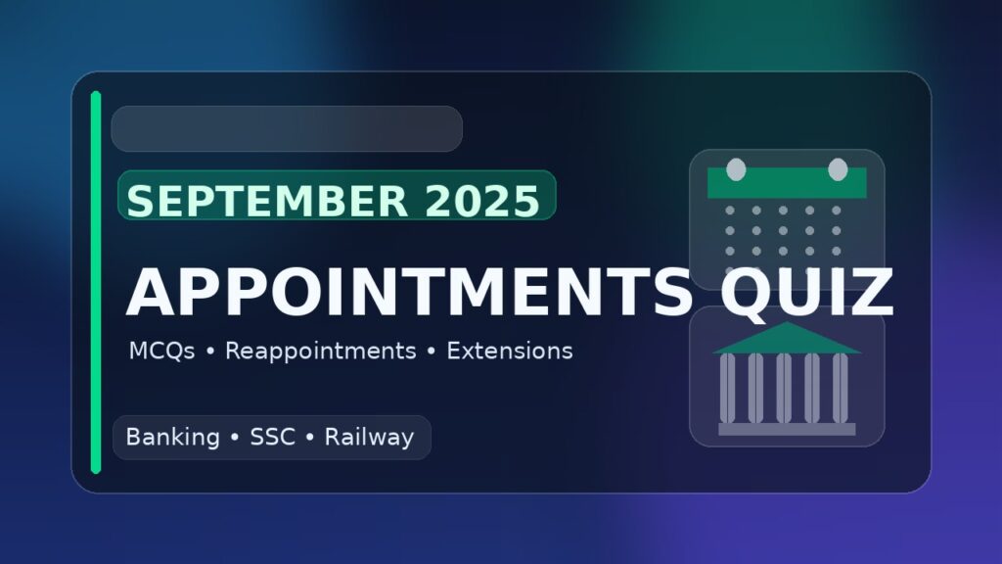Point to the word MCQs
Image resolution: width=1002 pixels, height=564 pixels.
161,351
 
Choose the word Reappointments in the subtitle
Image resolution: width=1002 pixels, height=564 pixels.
321,351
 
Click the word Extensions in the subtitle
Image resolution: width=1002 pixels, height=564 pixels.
509,351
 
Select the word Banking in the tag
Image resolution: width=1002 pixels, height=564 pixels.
172,438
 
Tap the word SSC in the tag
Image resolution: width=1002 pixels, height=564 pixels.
272,438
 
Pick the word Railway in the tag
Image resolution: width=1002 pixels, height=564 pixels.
369,438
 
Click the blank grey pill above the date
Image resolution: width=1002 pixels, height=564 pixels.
287,129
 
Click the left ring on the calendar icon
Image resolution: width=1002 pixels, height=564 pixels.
736,169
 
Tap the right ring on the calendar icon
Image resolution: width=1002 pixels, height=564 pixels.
838,169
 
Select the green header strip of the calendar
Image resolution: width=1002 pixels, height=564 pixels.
787,184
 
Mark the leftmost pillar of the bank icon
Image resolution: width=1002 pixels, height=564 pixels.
727,388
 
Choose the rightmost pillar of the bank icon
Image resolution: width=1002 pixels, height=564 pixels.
842,388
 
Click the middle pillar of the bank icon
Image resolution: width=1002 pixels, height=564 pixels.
784,388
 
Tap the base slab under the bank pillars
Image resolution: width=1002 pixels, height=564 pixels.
787,429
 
